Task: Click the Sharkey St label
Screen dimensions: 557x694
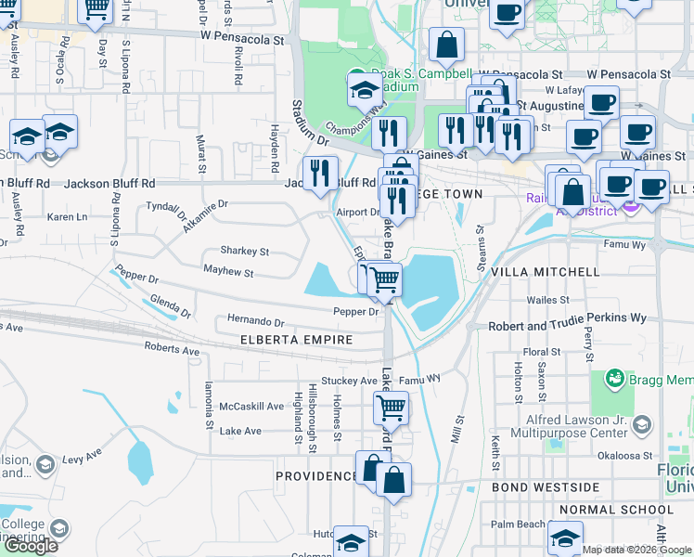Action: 244,251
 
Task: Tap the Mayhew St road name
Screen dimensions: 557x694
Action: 229,273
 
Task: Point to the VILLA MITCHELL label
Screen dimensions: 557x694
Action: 545,272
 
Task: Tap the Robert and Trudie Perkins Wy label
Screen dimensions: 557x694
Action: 569,317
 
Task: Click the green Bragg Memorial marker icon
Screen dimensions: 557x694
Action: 614,379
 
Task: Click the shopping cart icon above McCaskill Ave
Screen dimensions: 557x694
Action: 392,407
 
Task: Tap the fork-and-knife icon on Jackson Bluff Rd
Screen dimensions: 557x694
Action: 318,173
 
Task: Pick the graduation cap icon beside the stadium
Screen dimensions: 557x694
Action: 365,92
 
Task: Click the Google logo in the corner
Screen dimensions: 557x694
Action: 31,547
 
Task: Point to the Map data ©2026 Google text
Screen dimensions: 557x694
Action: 636,550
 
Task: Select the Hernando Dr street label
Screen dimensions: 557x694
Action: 255,321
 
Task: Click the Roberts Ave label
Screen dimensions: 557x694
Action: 172,351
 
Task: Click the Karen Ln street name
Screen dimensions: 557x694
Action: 67,217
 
